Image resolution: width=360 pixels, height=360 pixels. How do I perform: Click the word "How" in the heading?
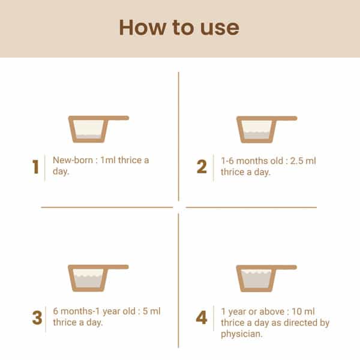[143, 28]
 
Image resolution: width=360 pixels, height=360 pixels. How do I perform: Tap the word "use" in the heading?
[220, 28]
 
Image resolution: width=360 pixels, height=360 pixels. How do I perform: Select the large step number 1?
[35, 167]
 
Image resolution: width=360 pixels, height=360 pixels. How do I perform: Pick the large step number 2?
[202, 166]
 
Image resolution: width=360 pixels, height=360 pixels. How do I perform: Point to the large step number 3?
[37, 318]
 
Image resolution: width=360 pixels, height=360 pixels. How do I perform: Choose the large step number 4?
[202, 317]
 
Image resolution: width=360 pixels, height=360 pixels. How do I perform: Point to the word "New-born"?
[73, 160]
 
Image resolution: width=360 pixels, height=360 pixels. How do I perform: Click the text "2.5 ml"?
[303, 161]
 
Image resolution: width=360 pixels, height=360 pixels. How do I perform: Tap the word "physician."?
[242, 334]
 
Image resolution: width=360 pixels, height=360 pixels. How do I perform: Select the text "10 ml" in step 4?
[303, 311]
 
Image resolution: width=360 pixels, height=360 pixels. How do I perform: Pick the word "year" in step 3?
[112, 311]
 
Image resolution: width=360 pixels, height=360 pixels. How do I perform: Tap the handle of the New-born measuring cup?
[117, 118]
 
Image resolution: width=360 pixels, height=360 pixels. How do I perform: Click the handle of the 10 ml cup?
[285, 268]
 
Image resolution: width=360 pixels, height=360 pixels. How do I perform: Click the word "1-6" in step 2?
[227, 161]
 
